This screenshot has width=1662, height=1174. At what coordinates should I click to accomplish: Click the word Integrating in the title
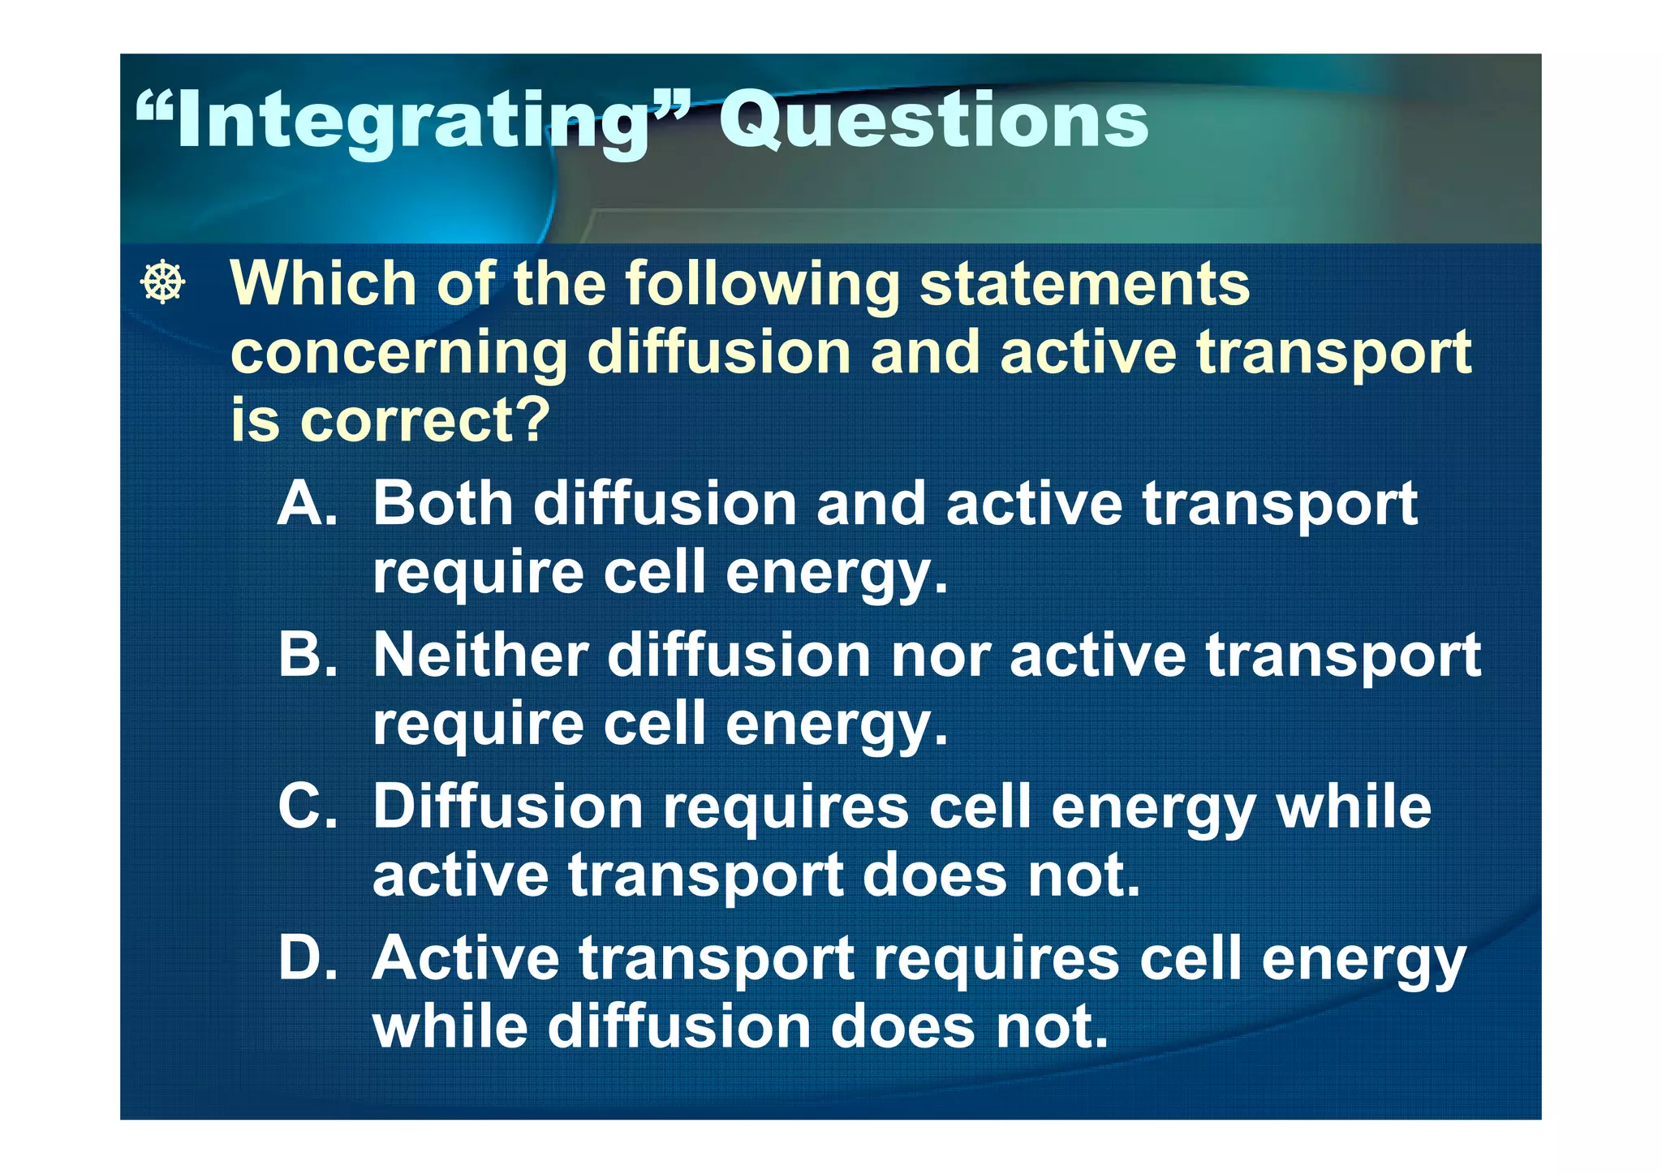414,122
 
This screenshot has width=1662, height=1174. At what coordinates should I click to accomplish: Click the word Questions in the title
933,122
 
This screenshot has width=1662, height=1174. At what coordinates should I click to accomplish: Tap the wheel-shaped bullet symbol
163,282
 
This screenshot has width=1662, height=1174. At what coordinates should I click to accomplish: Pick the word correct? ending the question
425,422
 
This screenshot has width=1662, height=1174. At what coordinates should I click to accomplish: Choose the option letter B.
307,656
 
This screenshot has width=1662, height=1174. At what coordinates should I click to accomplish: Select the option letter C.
307,807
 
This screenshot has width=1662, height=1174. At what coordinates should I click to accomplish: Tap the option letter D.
307,958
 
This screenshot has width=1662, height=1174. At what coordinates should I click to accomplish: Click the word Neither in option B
480,656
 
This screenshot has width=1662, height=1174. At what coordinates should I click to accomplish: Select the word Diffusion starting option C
508,807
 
